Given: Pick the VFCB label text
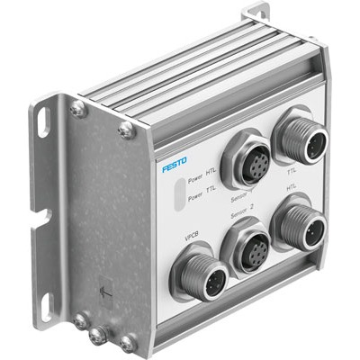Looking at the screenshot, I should (x=191, y=237).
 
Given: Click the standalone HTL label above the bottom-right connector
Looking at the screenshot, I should (x=291, y=190).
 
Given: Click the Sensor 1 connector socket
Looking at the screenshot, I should (x=246, y=155).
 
